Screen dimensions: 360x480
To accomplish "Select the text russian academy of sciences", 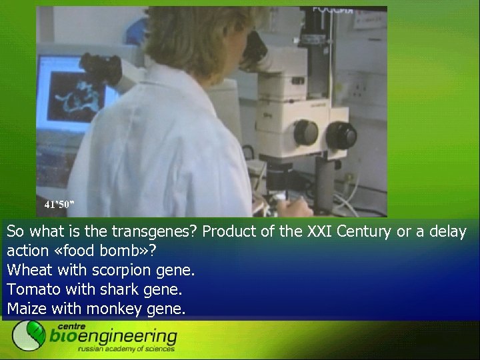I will (x=126, y=348).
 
